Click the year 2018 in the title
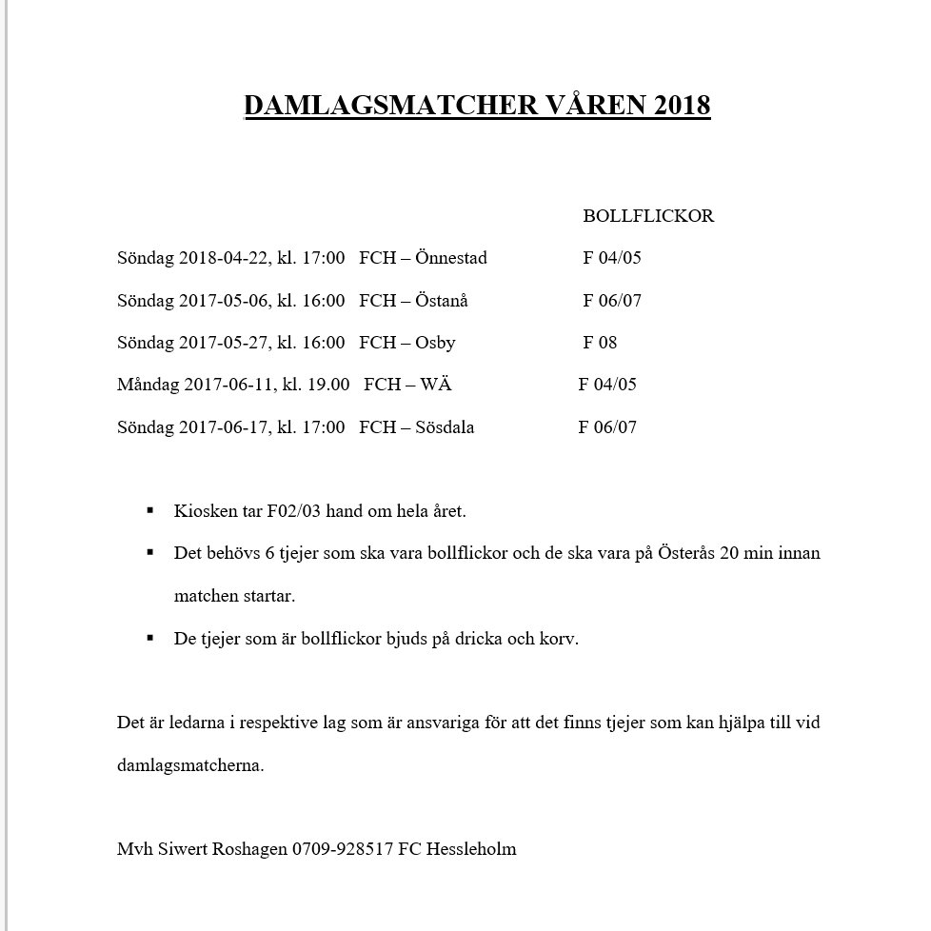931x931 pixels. (682, 105)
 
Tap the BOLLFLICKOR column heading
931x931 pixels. (648, 216)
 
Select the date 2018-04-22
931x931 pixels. (223, 258)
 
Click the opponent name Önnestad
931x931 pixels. (451, 258)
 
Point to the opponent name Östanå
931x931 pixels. (442, 301)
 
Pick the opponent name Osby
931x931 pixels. (435, 343)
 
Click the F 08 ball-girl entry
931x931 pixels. (600, 343)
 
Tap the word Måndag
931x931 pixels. (148, 385)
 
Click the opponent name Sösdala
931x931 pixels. (445, 427)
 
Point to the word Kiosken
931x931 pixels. (205, 511)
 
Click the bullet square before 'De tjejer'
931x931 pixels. (150, 637)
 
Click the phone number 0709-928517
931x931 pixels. (343, 848)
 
